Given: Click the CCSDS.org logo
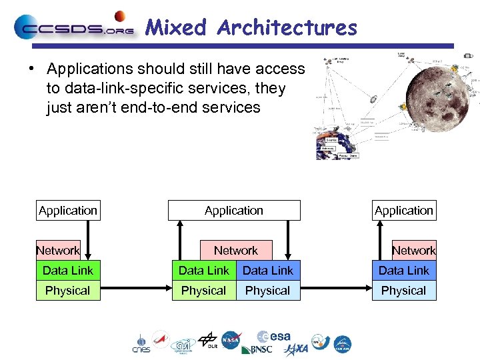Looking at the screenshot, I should point(73,27).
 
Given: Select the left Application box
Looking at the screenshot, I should point(68,211).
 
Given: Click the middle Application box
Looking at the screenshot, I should point(234,211).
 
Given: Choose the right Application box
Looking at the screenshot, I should point(404,211).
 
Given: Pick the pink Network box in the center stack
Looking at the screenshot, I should point(235,251).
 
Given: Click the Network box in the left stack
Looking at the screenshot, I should point(58,251).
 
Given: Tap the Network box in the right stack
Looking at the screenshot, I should point(413,251).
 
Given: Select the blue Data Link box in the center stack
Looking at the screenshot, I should point(268,271).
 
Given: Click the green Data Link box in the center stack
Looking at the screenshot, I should point(203,271).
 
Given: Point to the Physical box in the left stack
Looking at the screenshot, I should point(67,291).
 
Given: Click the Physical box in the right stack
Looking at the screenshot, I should point(403,291).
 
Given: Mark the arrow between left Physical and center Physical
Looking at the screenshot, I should point(136,291).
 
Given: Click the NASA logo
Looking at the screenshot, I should point(231,341).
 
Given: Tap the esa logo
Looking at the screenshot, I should point(274,337).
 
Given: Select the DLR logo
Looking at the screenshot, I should point(208,341).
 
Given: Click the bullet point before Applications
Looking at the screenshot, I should point(31,69).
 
